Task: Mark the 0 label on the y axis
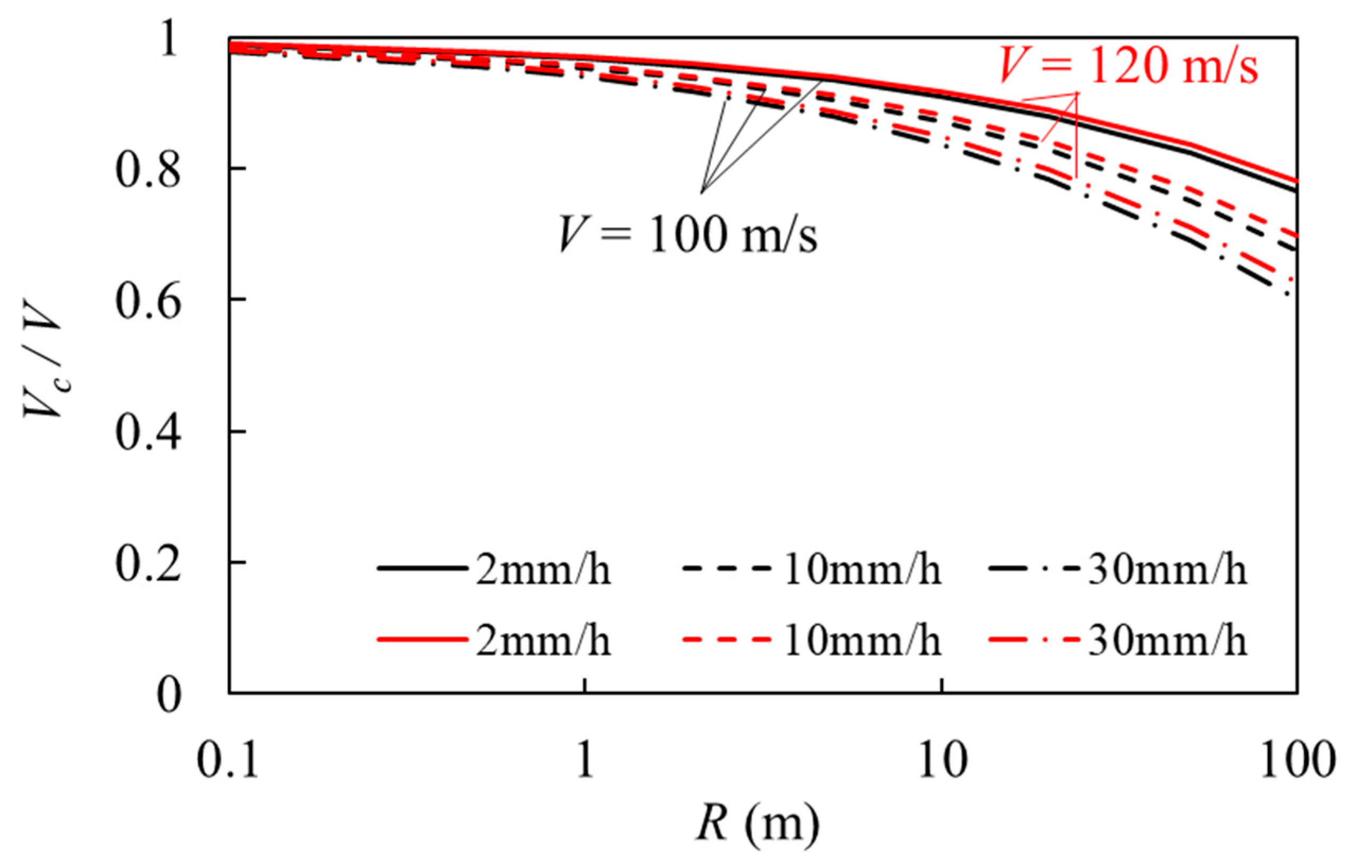pyautogui.click(x=169, y=694)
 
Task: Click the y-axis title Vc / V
pyautogui.click(x=42, y=365)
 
